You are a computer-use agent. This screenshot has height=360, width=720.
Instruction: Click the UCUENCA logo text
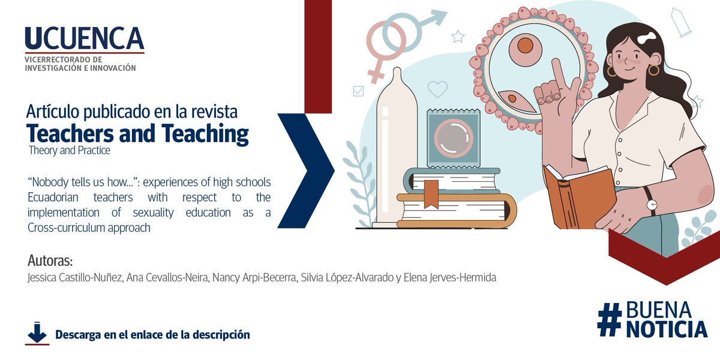[85, 39]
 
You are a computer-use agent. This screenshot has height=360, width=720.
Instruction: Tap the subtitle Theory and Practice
[70, 151]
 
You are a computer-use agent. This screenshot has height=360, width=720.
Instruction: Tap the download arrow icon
[37, 334]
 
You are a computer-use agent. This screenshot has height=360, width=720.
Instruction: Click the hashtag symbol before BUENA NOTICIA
[610, 319]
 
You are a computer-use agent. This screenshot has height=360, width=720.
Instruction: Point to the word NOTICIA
[667, 329]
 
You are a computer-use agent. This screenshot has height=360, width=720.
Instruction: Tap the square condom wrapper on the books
[454, 139]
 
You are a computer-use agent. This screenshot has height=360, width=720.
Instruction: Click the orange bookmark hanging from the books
[431, 193]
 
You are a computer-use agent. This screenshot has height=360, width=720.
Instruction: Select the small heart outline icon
[437, 89]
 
